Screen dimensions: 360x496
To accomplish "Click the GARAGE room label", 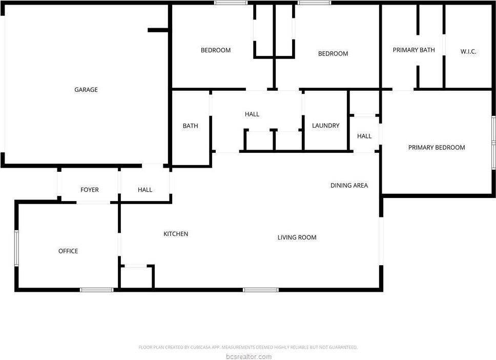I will [x=86, y=90].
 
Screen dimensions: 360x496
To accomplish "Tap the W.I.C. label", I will [x=468, y=52].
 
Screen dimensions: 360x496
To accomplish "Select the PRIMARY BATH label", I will [x=414, y=50].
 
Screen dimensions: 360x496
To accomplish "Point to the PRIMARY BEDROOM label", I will [x=437, y=148].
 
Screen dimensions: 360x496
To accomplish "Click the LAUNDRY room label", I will [x=325, y=126].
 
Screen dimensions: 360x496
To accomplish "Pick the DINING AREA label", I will [x=349, y=186].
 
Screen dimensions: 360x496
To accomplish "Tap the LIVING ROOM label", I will [x=297, y=237].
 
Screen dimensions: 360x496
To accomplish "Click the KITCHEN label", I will [x=176, y=234].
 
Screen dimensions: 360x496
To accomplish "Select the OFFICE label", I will [x=68, y=251].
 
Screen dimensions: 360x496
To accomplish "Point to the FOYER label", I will [x=90, y=190].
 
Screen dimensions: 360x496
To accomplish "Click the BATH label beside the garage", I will [x=190, y=126].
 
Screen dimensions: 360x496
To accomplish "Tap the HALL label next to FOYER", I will [x=145, y=190].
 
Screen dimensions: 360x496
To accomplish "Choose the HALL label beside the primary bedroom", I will [x=364, y=136].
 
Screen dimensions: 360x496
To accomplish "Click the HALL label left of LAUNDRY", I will [x=252, y=114].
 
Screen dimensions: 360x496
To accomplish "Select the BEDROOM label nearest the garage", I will [x=215, y=50].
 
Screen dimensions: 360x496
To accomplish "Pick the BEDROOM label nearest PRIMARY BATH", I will [x=333, y=54].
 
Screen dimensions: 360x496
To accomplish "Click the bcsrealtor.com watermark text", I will [x=248, y=357].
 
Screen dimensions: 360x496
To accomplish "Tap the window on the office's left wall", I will [x=16, y=248].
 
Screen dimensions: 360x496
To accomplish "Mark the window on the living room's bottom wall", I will [x=260, y=290].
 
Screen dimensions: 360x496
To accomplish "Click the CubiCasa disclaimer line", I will [x=248, y=348].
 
